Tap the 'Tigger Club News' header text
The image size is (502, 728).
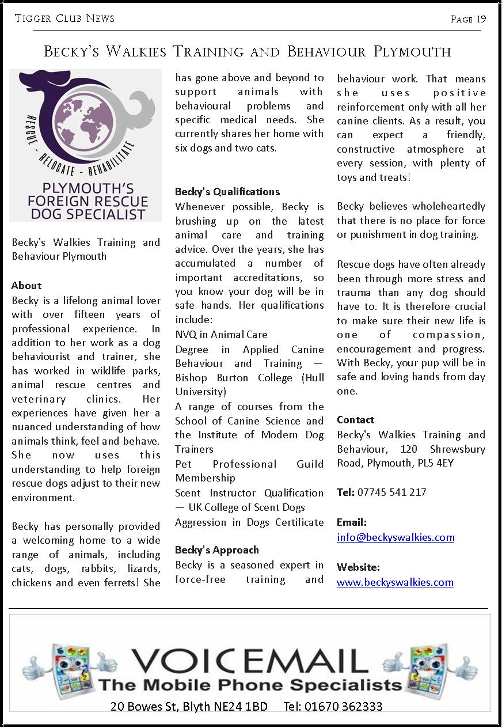click(64, 18)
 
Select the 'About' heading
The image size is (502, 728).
click(26, 286)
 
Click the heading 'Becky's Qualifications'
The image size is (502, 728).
click(227, 192)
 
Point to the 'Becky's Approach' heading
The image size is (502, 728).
click(217, 550)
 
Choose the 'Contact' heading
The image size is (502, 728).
click(355, 420)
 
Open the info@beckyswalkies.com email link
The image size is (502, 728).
click(395, 537)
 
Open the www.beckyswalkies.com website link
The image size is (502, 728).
click(395, 582)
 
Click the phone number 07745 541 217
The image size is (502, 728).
click(391, 492)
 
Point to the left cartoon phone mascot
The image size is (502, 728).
click(68, 671)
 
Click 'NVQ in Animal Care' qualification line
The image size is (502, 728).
click(221, 335)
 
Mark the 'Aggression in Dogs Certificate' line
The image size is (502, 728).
click(249, 522)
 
